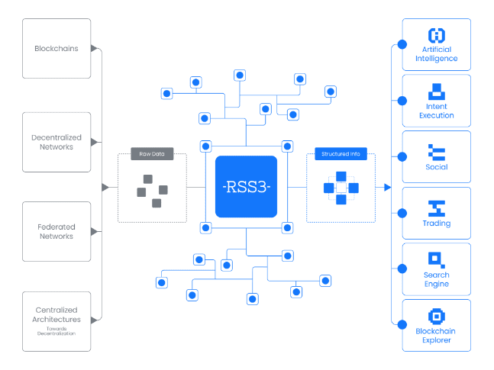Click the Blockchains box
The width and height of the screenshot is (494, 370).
point(57,48)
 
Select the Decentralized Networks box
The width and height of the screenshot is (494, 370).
point(57,142)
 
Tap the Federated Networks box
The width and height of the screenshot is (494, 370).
point(57,232)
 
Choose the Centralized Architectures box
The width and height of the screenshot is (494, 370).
point(57,321)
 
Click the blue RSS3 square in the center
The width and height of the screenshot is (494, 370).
point(246,187)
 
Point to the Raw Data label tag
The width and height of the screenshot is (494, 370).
point(152,155)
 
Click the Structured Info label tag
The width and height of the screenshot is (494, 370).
point(341,155)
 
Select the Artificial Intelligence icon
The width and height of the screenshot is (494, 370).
point(437,35)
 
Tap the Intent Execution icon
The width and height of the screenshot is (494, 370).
point(437,91)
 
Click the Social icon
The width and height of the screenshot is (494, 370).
point(437,151)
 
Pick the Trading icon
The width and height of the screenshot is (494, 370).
point(437,208)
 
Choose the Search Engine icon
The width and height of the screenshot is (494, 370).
point(437,259)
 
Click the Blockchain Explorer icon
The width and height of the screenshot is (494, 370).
point(437,317)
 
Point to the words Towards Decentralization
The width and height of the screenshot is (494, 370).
point(57,332)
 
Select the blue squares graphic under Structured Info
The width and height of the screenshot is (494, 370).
point(341,188)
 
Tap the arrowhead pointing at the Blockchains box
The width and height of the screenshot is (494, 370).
point(95,48)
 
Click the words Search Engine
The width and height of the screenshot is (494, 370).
point(437,279)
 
